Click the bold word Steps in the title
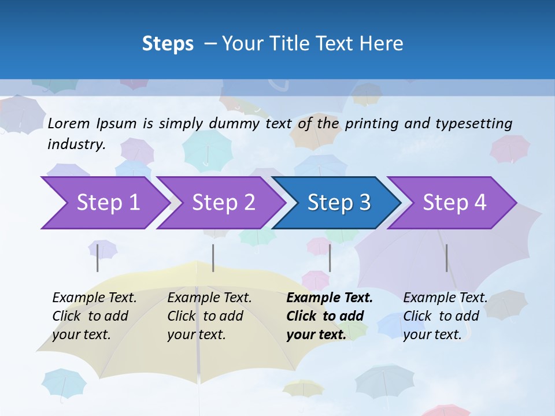coord(168,44)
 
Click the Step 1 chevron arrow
coord(104,203)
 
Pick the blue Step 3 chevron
coord(336,203)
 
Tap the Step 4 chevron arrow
coord(452,203)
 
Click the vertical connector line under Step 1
coord(98,258)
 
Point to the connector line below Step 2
coord(213,258)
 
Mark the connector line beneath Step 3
coord(330,258)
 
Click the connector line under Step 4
coord(447,258)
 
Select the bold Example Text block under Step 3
coord(330,316)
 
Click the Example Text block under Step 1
coord(94,316)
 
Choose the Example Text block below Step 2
coord(209,316)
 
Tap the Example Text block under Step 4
coord(445,316)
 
